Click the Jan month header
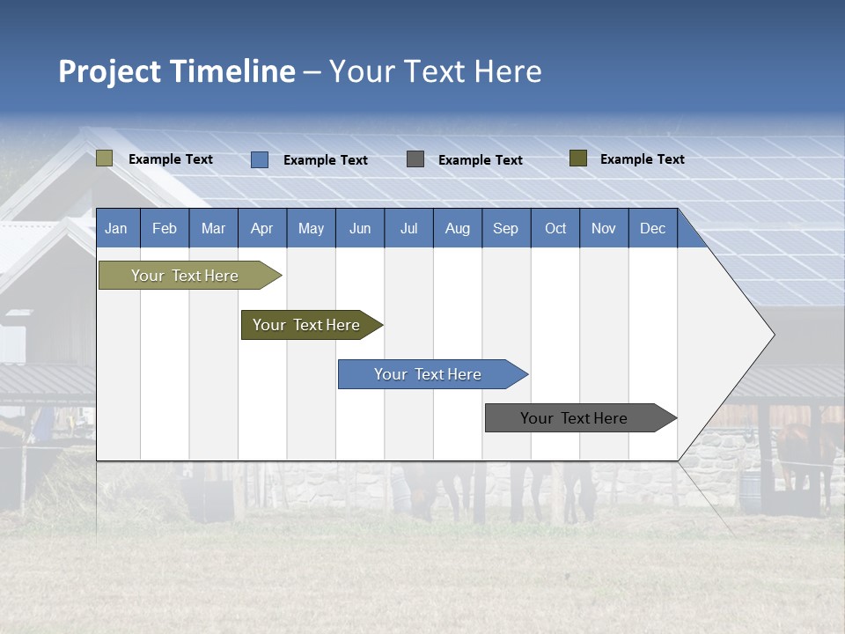tap(116, 229)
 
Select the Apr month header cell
tap(261, 229)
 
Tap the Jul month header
tap(408, 229)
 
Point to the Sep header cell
tap(505, 229)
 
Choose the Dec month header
tap(652, 229)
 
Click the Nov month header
tap(603, 229)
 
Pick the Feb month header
tap(165, 229)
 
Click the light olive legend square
tap(105, 158)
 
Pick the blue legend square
tap(260, 159)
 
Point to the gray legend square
tap(415, 159)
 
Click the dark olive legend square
tap(578, 158)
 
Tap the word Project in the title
tap(110, 71)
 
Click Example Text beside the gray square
tap(481, 160)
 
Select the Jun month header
tap(359, 229)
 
